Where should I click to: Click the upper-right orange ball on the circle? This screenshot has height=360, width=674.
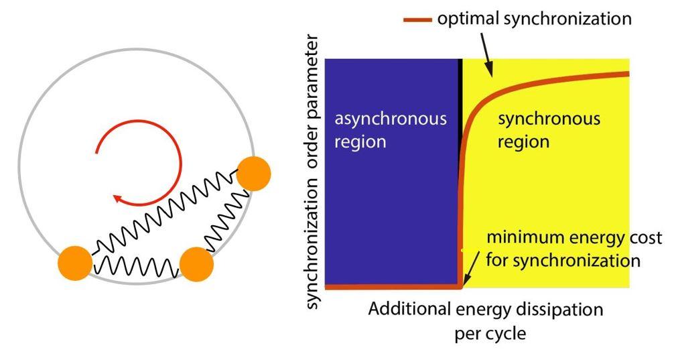(x=253, y=174)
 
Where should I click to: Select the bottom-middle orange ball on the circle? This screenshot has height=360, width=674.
(x=197, y=264)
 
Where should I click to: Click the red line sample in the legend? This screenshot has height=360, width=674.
(x=418, y=19)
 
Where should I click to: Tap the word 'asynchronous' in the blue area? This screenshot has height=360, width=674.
(x=391, y=119)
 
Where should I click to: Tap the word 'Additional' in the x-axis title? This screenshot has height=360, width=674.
(x=408, y=310)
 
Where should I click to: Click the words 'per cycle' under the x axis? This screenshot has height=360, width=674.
(x=490, y=333)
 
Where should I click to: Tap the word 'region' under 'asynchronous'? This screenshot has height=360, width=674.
(x=361, y=142)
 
